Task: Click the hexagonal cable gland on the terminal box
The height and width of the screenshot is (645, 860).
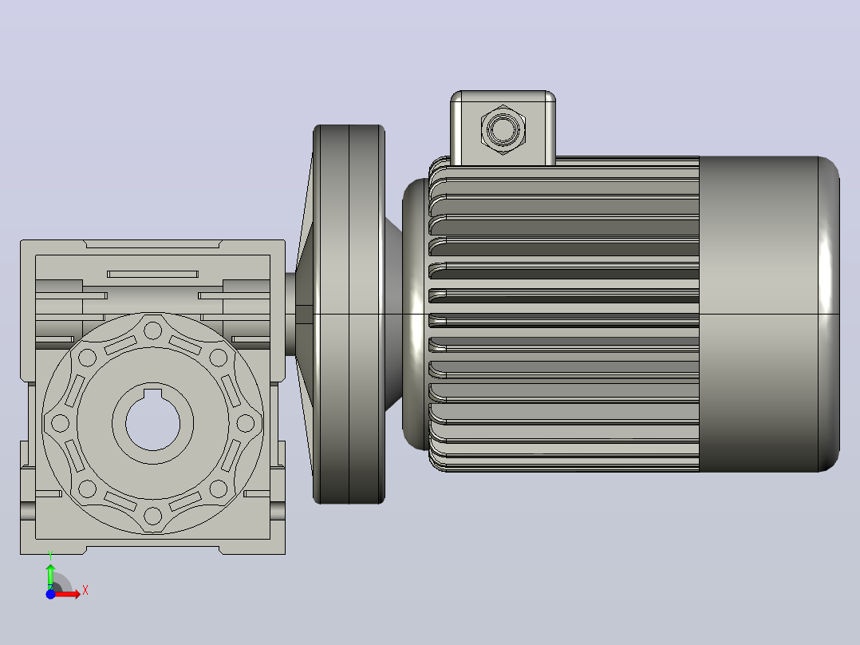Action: tap(503, 130)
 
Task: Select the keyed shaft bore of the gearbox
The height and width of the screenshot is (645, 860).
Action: tap(153, 421)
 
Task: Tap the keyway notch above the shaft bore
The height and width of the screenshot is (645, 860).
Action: tap(153, 393)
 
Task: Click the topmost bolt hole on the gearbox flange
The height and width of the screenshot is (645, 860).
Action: tap(152, 331)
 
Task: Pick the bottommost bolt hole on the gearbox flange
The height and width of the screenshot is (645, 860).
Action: tap(152, 516)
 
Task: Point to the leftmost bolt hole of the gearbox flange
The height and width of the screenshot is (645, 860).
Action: tap(61, 423)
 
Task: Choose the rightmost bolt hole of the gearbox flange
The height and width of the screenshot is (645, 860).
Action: tap(245, 423)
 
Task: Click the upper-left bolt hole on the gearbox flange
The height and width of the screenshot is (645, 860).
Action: tap(87, 358)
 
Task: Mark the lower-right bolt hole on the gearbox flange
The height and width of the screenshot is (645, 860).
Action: tap(219, 489)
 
